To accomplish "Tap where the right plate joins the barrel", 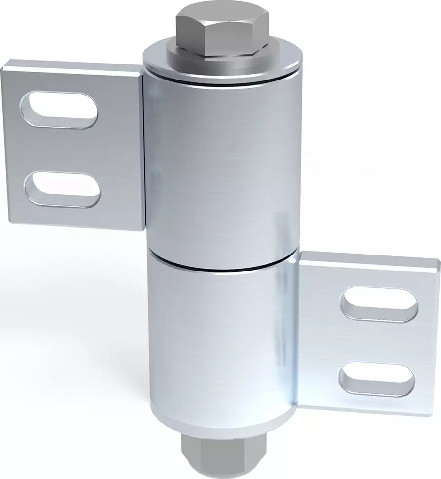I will (297, 335).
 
